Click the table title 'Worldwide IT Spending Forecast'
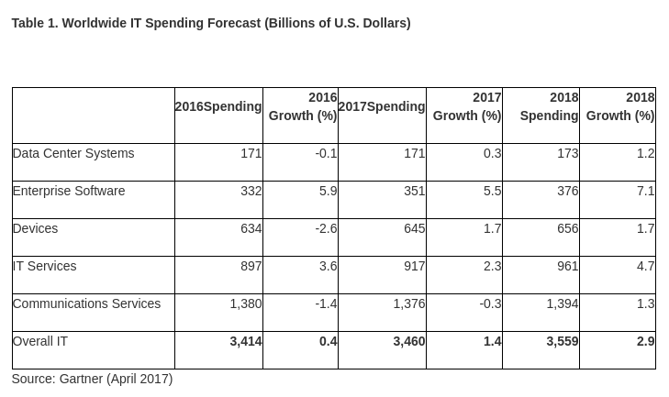[x=211, y=23]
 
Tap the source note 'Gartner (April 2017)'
[x=92, y=379]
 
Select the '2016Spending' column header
[x=218, y=106]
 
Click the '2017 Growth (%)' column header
[x=467, y=106]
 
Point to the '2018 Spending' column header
[x=549, y=106]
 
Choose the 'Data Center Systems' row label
[x=73, y=153]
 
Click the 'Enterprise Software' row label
[x=69, y=191]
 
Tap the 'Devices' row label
[x=35, y=228]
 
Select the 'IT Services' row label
[x=44, y=266]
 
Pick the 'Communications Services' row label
[x=86, y=303]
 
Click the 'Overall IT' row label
[x=40, y=341]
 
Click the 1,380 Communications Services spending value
[x=246, y=303]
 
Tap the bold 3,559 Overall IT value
[x=562, y=341]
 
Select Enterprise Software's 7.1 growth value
[x=645, y=191]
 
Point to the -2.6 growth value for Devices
[x=326, y=228]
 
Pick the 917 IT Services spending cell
[x=414, y=266]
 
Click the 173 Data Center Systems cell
[x=567, y=153]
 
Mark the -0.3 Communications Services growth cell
[x=490, y=303]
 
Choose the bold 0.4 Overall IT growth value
[x=328, y=341]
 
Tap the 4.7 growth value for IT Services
[x=645, y=266]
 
